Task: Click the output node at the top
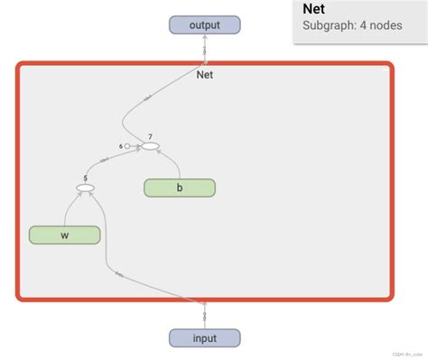pyautogui.click(x=205, y=24)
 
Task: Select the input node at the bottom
pyautogui.click(x=205, y=338)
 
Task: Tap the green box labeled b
pyautogui.click(x=180, y=188)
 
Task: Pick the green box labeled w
pyautogui.click(x=64, y=235)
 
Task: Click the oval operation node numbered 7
pyautogui.click(x=150, y=146)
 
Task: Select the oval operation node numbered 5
pyautogui.click(x=86, y=189)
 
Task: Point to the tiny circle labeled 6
pyautogui.click(x=127, y=146)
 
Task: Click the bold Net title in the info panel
pyautogui.click(x=314, y=10)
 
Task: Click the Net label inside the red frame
pyautogui.click(x=205, y=74)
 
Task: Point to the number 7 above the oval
pyautogui.click(x=150, y=135)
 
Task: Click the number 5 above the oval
pyautogui.click(x=86, y=179)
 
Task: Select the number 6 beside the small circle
pyautogui.click(x=119, y=146)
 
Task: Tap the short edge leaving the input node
pyautogui.click(x=205, y=315)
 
